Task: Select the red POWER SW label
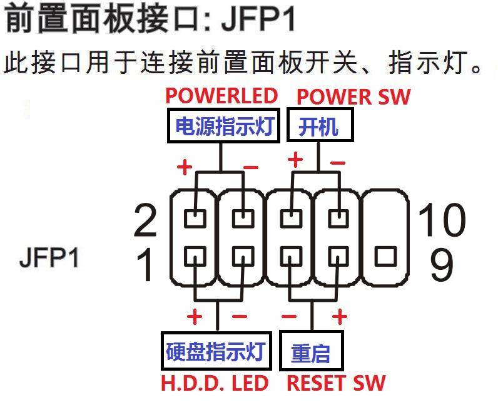point(353,97)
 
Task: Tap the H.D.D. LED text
point(216,383)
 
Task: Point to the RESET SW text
point(336,383)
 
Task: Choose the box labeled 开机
point(319,127)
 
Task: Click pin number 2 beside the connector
point(145,220)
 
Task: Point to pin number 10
point(442,220)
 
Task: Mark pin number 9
point(442,264)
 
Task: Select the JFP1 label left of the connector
point(49,258)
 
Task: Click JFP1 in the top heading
point(258,20)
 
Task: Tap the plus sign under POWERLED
point(184,167)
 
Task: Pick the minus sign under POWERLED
point(251,167)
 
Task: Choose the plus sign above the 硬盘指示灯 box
point(195,317)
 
